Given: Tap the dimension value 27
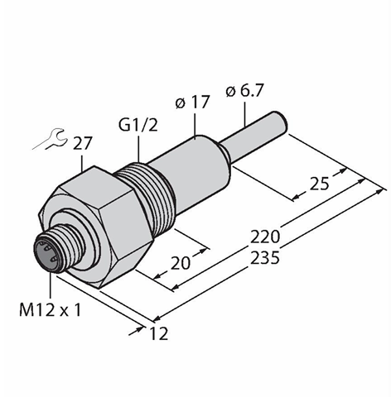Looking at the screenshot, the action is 82,143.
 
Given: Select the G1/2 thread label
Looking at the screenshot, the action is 138,125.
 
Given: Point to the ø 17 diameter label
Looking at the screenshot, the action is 192,103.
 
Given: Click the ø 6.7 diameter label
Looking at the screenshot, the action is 244,91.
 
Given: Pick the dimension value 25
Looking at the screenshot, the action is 320,184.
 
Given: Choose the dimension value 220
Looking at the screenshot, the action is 265,237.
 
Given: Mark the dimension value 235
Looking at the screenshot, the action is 265,258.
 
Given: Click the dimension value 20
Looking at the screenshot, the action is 181,263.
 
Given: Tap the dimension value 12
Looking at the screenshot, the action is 159,333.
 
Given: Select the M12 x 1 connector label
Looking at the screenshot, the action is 51,309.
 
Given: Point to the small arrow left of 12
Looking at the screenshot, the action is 137,331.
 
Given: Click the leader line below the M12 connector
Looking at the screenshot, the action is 51,285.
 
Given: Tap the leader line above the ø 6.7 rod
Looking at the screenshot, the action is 244,114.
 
